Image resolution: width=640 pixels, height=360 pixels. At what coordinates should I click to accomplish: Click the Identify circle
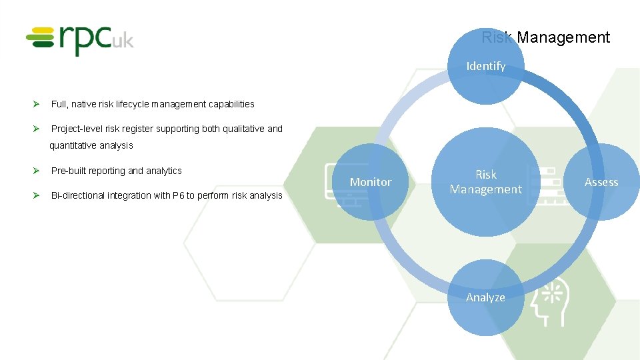[485, 66]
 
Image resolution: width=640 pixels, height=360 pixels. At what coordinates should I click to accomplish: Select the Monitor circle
[371, 182]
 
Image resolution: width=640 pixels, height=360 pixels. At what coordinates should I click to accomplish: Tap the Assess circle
[601, 182]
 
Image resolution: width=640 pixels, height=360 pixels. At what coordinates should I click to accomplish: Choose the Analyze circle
[485, 297]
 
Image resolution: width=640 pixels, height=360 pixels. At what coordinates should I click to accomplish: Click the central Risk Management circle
[485, 182]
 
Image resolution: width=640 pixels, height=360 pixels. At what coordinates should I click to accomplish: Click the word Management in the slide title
[563, 38]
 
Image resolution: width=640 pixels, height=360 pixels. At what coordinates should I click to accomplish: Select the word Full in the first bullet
[58, 104]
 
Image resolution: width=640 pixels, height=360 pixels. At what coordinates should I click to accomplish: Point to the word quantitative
[74, 145]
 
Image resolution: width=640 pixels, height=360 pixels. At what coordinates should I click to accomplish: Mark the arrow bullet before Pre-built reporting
[39, 171]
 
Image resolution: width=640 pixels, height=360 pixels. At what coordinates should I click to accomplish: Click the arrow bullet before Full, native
[39, 104]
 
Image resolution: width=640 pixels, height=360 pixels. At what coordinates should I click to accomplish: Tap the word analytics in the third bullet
[164, 171]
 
